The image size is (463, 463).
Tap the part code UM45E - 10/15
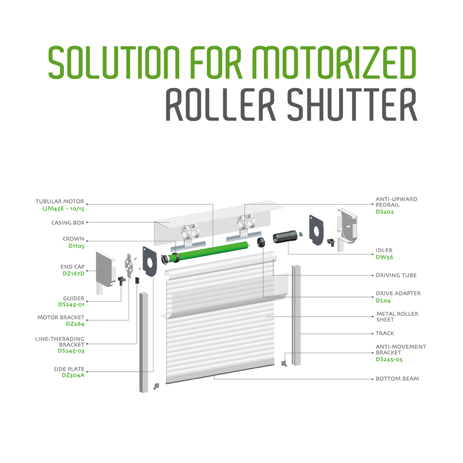pyautogui.click(x=63, y=209)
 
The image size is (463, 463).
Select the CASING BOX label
pyautogui.click(x=68, y=223)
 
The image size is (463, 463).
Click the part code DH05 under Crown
pyautogui.click(x=76, y=246)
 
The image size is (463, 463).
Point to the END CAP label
pyautogui.click(x=72, y=267)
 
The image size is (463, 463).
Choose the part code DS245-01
pyautogui.click(x=71, y=304)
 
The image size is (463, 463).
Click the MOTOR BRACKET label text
pyautogui.click(x=61, y=317)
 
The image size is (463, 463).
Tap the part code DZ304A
pyautogui.click(x=73, y=375)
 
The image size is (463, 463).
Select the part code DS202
pyautogui.click(x=385, y=212)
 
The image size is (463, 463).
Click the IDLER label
pyautogui.click(x=384, y=250)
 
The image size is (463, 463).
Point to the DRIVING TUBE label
pyautogui.click(x=396, y=275)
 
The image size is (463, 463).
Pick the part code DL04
pyautogui.click(x=383, y=300)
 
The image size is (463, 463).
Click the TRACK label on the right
pyautogui.click(x=385, y=333)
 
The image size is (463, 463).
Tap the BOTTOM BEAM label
pyautogui.click(x=397, y=379)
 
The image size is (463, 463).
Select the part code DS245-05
pyautogui.click(x=389, y=359)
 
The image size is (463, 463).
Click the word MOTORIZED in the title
pyautogui.click(x=334, y=63)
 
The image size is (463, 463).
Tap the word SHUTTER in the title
pyautogui.click(x=352, y=105)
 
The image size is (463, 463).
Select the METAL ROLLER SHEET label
pyautogui.click(x=397, y=317)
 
